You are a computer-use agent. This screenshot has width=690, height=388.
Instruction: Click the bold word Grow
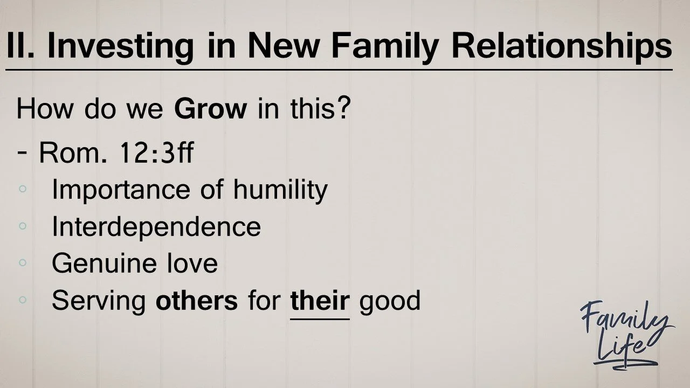pos(210,109)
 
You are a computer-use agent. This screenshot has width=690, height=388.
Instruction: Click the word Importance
pos(113,190)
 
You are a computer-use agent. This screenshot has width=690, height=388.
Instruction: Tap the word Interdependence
pos(156,226)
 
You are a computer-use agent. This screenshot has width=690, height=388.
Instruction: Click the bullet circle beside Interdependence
pos(22,226)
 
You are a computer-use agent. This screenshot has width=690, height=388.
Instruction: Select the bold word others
pos(197,300)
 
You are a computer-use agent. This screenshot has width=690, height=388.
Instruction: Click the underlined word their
pos(320,300)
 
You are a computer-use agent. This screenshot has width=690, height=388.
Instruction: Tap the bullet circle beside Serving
pos(22,300)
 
